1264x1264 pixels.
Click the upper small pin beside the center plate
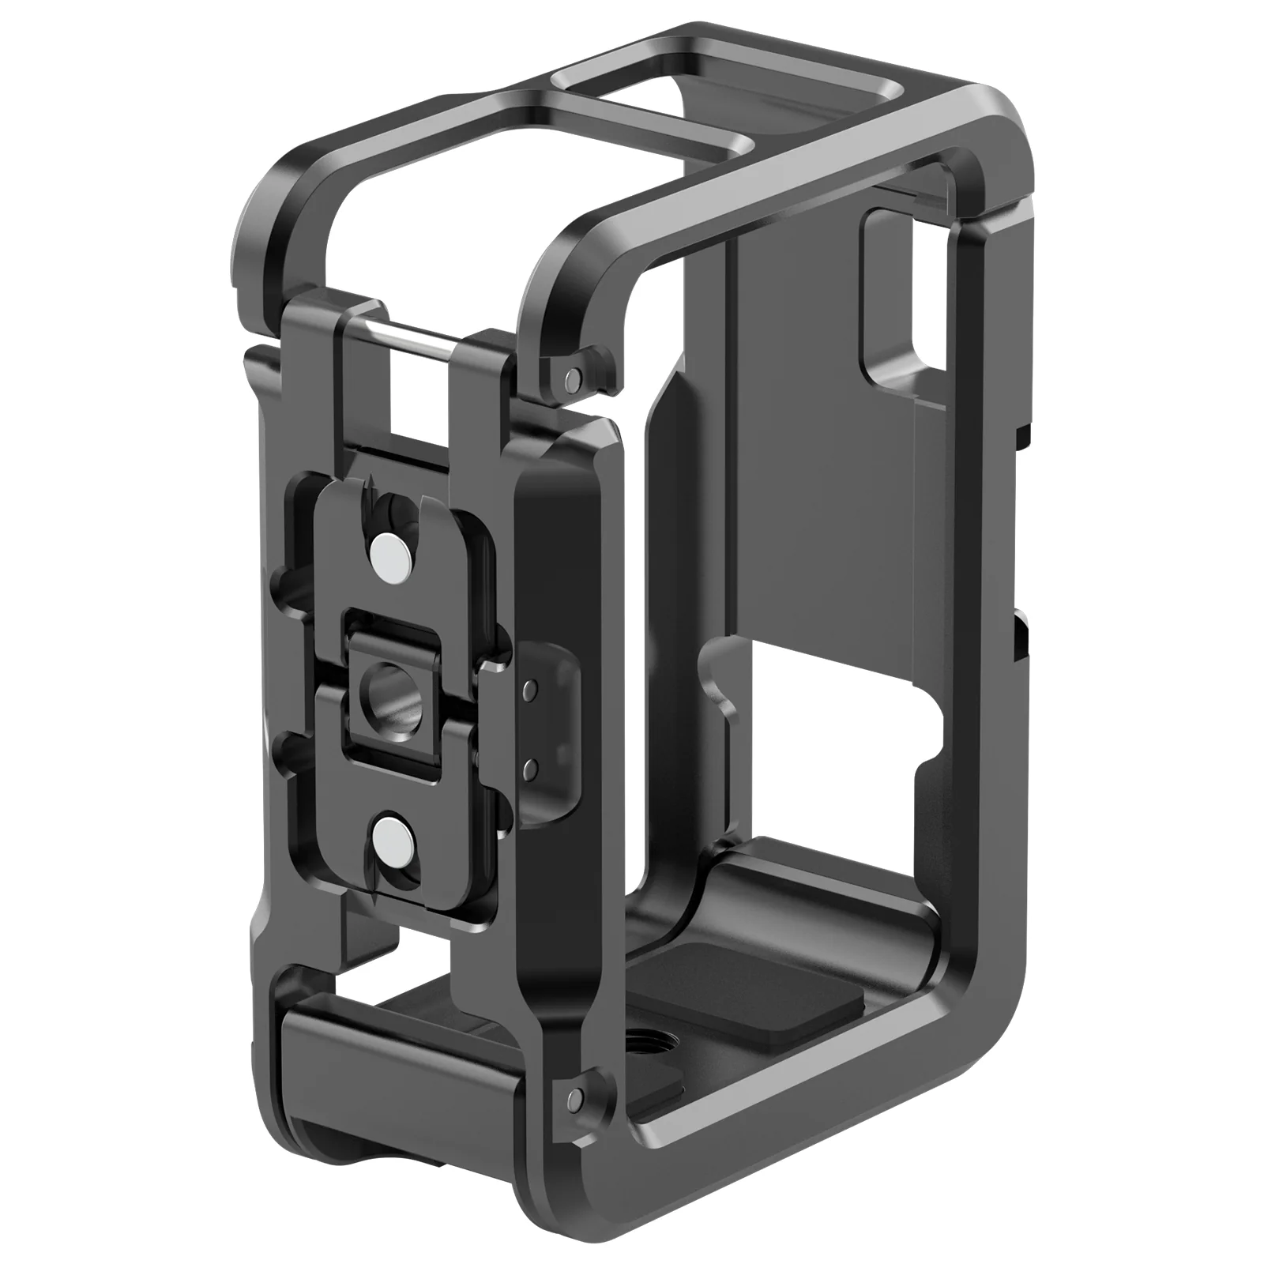tap(531, 685)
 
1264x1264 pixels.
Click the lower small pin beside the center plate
tap(531, 764)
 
